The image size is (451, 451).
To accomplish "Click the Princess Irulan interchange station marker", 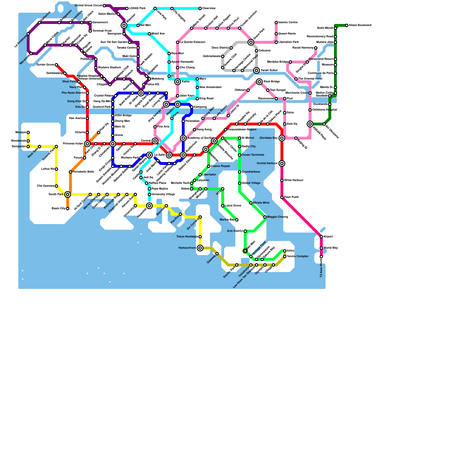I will pyautogui.click(x=87, y=144).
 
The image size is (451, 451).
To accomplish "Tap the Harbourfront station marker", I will pyautogui.click(x=200, y=248).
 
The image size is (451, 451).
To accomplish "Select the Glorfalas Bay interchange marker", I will pyautogui.click(x=282, y=138).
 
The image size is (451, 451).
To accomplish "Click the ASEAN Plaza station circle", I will pyautogui.click(x=310, y=124).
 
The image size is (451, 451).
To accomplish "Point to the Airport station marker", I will pyautogui.click(x=321, y=237).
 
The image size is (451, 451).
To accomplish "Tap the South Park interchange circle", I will pyautogui.click(x=68, y=194).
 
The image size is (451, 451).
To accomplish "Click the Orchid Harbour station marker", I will pyautogui.click(x=282, y=163).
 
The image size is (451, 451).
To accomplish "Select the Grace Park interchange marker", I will pyautogui.click(x=251, y=42).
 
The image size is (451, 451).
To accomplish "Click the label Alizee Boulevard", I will pyautogui.click(x=360, y=25).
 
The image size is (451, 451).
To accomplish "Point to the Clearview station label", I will pyautogui.click(x=209, y=8).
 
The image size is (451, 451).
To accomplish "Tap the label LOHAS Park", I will pyautogui.click(x=137, y=8).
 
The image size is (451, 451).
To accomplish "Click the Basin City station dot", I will pyautogui.click(x=68, y=209).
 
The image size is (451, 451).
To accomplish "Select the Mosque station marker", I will pyautogui.click(x=28, y=132).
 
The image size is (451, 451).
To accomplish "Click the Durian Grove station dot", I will pyautogui.click(x=56, y=65).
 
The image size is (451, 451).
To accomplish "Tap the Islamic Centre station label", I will pyautogui.click(x=288, y=23).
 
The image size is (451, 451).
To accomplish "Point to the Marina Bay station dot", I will pyautogui.click(x=237, y=220).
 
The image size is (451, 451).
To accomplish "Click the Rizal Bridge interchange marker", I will pyautogui.click(x=259, y=82).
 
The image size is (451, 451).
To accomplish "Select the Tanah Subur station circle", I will pyautogui.click(x=257, y=70).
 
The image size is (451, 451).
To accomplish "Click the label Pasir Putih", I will pyautogui.click(x=291, y=197).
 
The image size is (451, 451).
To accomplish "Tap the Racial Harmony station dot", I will pyautogui.click(x=316, y=48).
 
